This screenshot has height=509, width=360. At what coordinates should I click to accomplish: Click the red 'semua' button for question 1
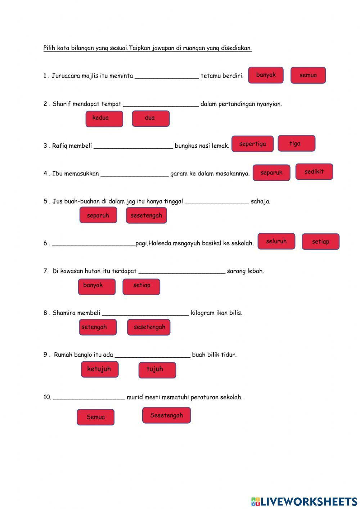(x=308, y=75)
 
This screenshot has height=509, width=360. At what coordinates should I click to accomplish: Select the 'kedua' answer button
(x=104, y=119)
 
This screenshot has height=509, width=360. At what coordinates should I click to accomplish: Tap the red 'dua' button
(x=150, y=119)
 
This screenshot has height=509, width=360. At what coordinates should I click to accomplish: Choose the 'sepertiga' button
(x=252, y=144)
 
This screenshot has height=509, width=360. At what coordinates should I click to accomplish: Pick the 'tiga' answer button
(x=296, y=143)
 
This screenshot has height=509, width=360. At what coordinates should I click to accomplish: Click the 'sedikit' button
(x=314, y=172)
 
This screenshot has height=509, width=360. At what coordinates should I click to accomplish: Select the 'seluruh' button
(x=276, y=241)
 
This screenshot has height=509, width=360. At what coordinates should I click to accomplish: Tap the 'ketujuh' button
(x=99, y=370)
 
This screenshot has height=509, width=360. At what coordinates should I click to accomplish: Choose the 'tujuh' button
(x=157, y=370)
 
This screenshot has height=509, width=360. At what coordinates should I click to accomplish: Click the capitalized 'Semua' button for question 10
(x=95, y=417)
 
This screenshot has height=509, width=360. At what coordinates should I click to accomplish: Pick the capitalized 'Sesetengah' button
(x=166, y=415)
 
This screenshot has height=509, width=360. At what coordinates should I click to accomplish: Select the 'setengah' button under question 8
(x=98, y=327)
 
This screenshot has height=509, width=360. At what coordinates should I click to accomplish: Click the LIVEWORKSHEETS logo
(x=304, y=501)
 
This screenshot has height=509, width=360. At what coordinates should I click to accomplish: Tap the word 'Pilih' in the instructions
(x=49, y=48)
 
